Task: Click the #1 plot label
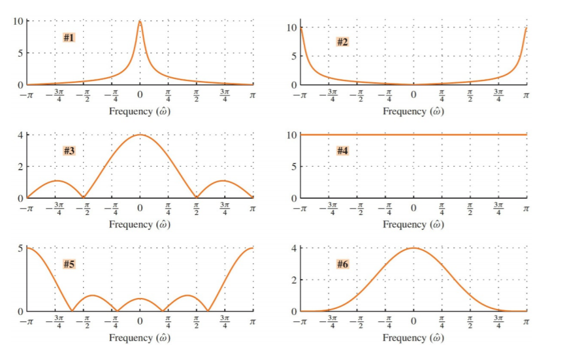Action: point(69,37)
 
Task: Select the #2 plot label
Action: point(342,42)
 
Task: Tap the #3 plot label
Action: point(69,151)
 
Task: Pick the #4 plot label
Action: point(342,151)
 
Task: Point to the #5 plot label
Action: point(69,264)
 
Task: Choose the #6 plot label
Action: point(342,264)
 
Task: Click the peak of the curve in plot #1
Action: point(140,21)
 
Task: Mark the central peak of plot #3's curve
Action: point(140,135)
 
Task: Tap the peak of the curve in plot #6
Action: point(413,248)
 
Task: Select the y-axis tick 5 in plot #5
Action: point(21,248)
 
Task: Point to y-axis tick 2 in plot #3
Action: point(21,167)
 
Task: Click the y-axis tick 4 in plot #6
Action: point(295,248)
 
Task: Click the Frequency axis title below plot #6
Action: point(413,338)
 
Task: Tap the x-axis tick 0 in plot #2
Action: point(413,97)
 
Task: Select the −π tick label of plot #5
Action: point(26,322)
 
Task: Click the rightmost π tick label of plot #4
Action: point(526,209)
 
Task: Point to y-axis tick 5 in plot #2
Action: point(295,56)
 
